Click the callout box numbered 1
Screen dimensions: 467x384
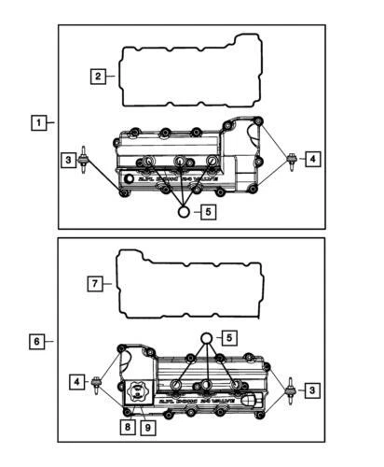[39, 122]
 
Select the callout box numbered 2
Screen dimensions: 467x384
[98, 77]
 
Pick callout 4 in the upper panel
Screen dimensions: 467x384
[313, 160]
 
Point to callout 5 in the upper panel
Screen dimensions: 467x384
[208, 212]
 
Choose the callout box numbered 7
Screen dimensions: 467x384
[96, 284]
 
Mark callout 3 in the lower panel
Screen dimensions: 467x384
[315, 388]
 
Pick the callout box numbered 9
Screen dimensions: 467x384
[147, 427]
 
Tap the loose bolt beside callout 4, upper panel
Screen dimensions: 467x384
[294, 160]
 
